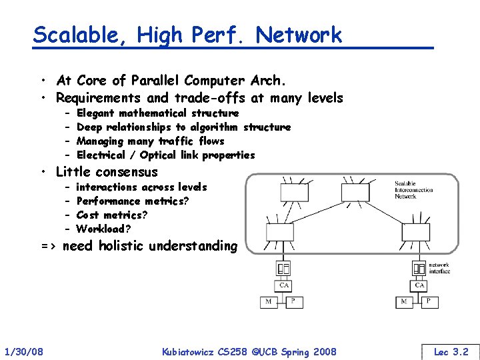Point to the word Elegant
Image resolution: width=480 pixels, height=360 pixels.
click(x=95, y=113)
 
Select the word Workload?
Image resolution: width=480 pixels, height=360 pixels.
click(x=100, y=229)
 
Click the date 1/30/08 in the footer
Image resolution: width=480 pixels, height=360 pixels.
click(x=24, y=351)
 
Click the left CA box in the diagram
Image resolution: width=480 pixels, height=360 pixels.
click(x=284, y=285)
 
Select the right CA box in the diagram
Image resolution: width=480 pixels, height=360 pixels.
click(x=419, y=285)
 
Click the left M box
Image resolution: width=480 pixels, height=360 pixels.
click(x=268, y=302)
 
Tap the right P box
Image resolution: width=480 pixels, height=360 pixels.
click(x=429, y=302)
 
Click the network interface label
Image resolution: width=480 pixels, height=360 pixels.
click(x=439, y=268)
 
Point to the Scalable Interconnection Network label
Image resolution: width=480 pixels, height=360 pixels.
click(x=414, y=190)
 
